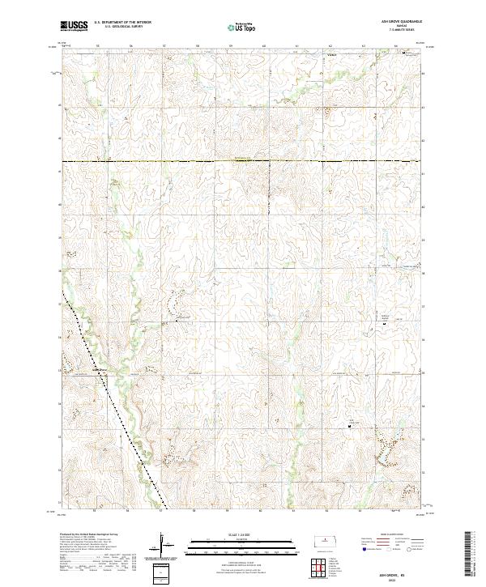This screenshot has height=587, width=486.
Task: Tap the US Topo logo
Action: click(242, 28)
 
